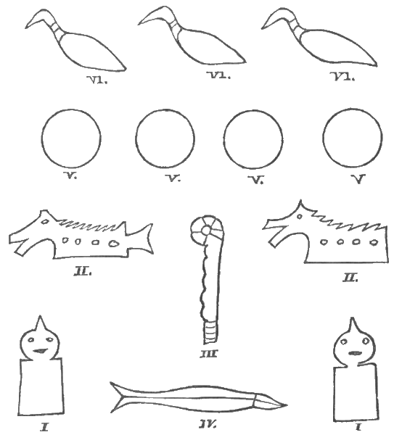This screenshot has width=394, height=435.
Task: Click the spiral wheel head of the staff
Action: [203, 231]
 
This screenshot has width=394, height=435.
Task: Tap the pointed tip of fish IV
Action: [285, 404]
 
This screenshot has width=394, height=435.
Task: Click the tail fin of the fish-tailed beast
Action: [144, 235]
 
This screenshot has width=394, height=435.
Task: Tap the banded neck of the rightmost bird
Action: [296, 30]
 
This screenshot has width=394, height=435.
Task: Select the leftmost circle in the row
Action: [71, 139]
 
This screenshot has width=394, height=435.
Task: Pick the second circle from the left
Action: [165, 139]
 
